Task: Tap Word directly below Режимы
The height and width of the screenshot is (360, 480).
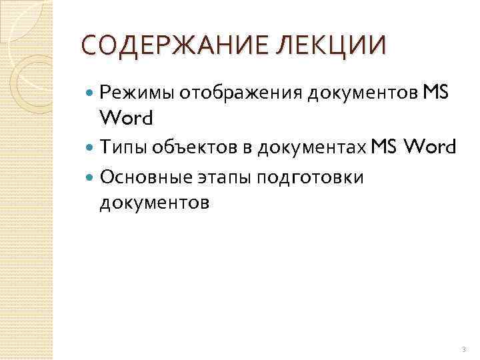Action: tap(126, 119)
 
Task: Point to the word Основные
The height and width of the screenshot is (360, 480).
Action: tap(146, 177)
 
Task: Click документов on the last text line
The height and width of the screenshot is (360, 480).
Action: tap(154, 201)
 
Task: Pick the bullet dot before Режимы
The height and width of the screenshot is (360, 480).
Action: tap(91, 95)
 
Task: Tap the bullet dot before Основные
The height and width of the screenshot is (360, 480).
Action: tap(91, 178)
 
